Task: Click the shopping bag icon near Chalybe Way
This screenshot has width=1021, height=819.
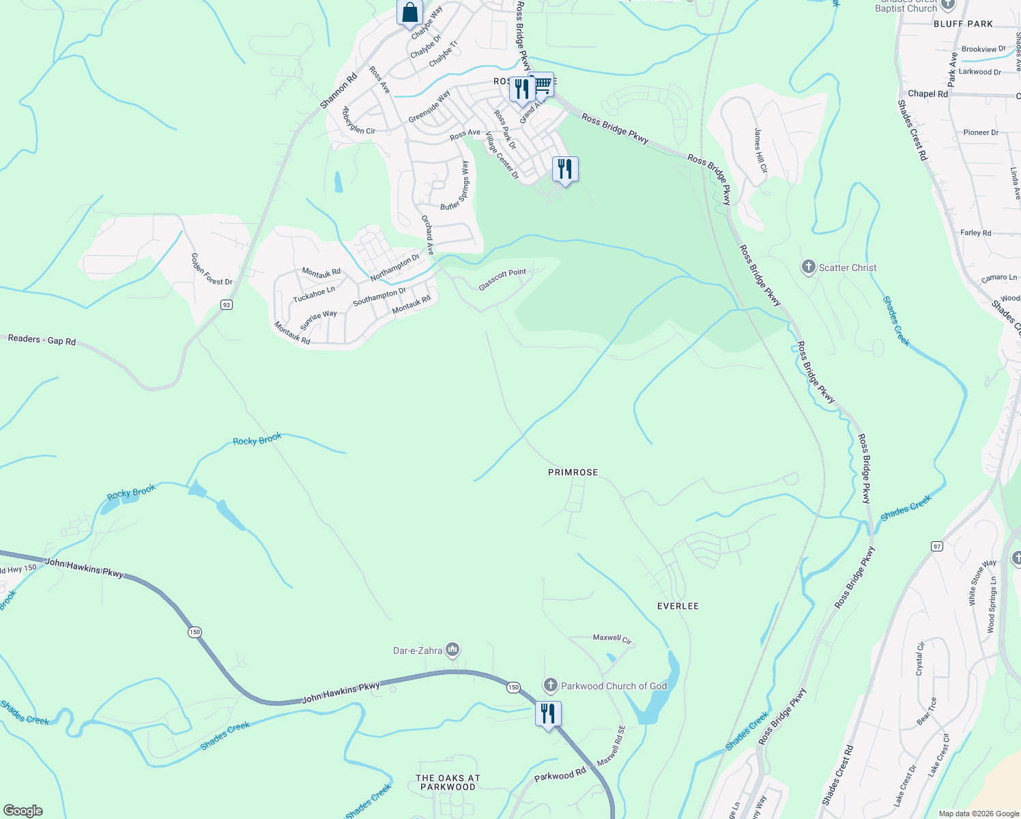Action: point(409,13)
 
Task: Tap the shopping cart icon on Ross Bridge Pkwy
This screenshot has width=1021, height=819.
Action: point(543,85)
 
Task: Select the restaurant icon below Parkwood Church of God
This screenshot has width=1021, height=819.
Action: point(548,714)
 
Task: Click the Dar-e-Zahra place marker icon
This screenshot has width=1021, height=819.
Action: point(452,650)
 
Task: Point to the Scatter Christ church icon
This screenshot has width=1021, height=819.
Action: point(808,267)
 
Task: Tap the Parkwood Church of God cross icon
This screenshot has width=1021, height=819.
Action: point(551,685)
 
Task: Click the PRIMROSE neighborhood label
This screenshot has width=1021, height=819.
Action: point(573,472)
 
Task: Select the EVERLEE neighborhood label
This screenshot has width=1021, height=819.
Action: point(677,606)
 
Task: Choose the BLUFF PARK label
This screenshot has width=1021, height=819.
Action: point(963,24)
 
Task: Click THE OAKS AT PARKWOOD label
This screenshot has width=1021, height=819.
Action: point(448,782)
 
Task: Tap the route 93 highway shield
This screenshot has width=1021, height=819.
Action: point(227,304)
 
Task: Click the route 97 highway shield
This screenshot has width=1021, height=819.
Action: point(936,546)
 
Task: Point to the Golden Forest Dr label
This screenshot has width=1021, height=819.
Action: point(212,269)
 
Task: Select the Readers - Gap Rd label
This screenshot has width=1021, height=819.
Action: point(42,339)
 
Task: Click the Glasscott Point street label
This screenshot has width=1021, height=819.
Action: point(502,280)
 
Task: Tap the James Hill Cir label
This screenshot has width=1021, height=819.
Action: point(760,149)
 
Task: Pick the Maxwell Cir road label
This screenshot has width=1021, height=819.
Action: point(612,638)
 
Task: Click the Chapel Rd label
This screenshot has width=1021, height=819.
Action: point(927,94)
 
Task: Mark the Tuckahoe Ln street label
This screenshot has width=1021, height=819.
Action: point(314,295)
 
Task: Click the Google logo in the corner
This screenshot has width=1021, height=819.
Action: point(23,811)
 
